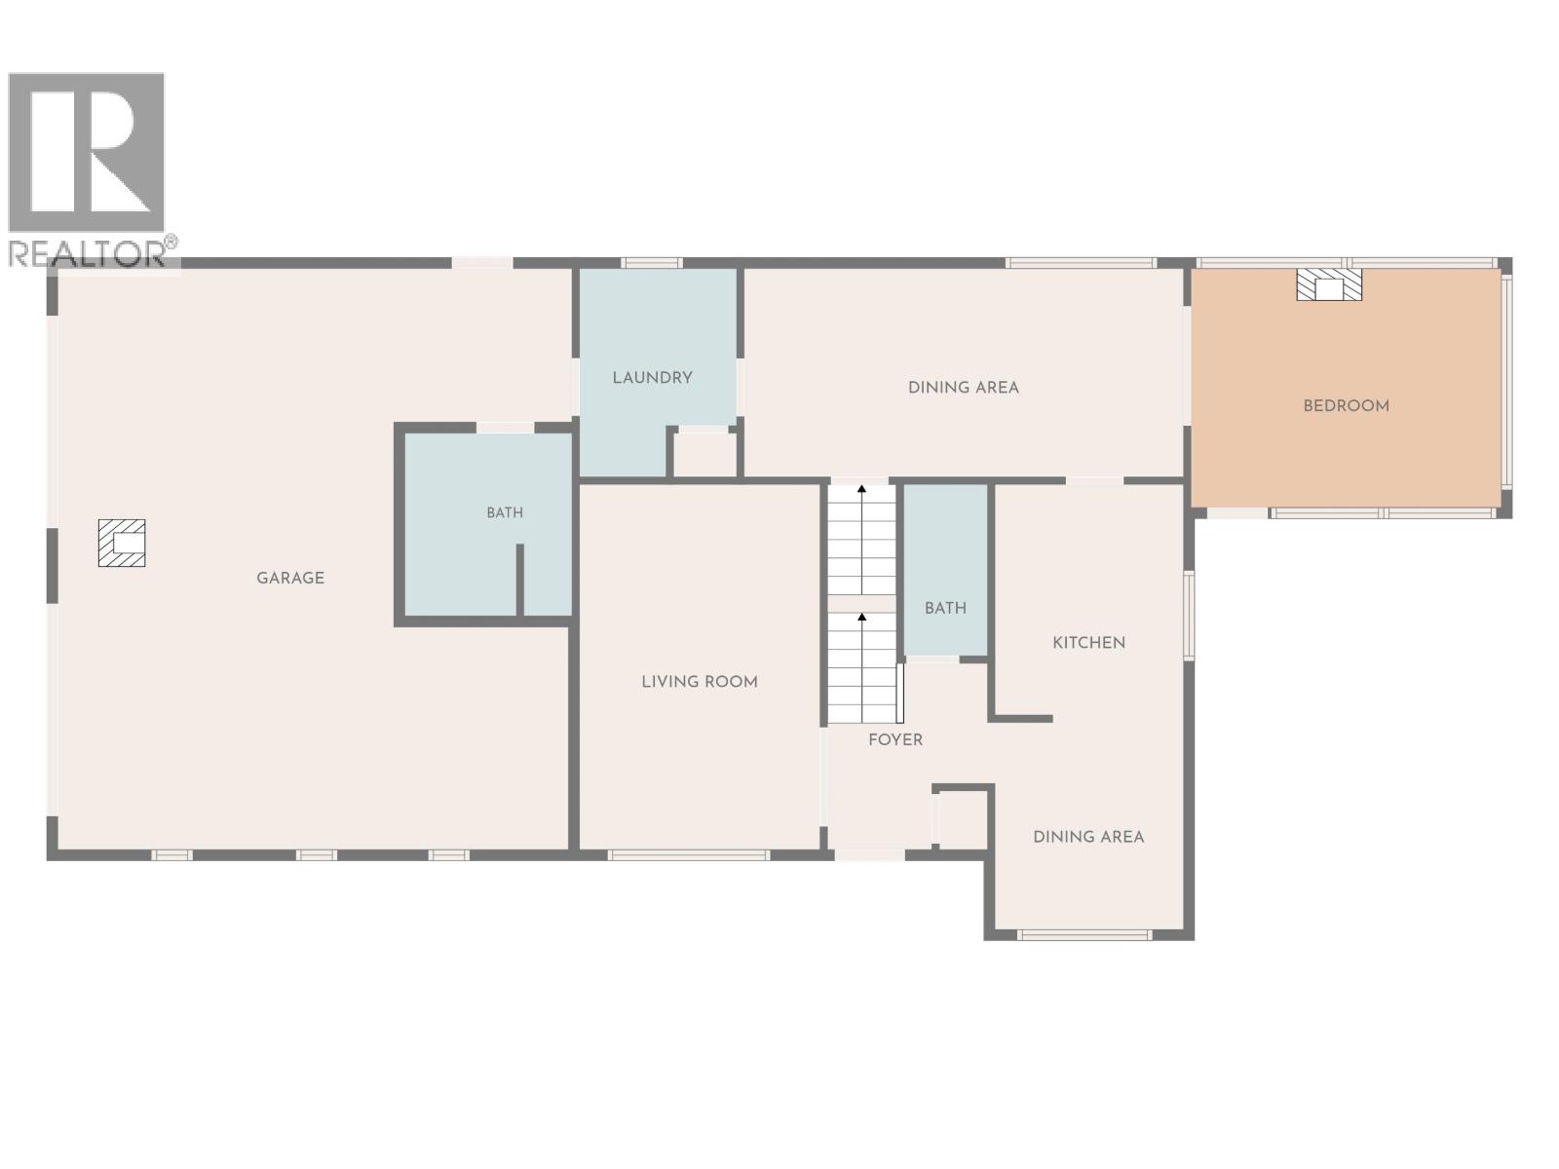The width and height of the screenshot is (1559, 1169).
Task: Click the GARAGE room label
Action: [289, 578]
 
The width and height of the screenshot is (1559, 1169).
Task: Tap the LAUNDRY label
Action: [652, 378]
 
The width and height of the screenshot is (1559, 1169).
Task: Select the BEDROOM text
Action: [1346, 406]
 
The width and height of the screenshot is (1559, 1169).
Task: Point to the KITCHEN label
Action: [1088, 643]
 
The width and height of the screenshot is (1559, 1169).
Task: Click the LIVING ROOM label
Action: [700, 682]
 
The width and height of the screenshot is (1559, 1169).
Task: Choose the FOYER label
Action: [894, 739]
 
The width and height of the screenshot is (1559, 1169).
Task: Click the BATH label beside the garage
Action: [505, 512]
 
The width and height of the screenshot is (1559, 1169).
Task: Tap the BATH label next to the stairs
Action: [945, 608]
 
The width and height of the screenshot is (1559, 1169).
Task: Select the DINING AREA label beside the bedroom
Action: [963, 388]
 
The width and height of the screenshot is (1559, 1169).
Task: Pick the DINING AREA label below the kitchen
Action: [1088, 837]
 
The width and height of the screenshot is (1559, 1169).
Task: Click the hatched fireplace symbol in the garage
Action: [122, 543]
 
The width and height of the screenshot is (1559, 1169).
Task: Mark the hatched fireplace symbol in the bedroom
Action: [1329, 284]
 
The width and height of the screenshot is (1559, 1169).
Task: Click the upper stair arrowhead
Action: [861, 489]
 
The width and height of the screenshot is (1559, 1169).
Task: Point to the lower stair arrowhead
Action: [861, 618]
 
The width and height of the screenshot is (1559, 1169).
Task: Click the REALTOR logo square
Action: [86, 152]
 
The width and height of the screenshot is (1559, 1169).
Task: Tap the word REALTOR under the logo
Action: [87, 254]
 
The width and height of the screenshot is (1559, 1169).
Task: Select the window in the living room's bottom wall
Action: [688, 855]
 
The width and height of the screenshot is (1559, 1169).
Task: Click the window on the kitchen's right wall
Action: [1188, 616]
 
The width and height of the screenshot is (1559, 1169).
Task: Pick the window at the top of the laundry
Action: [651, 263]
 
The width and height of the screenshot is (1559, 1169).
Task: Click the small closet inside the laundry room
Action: [703, 454]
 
